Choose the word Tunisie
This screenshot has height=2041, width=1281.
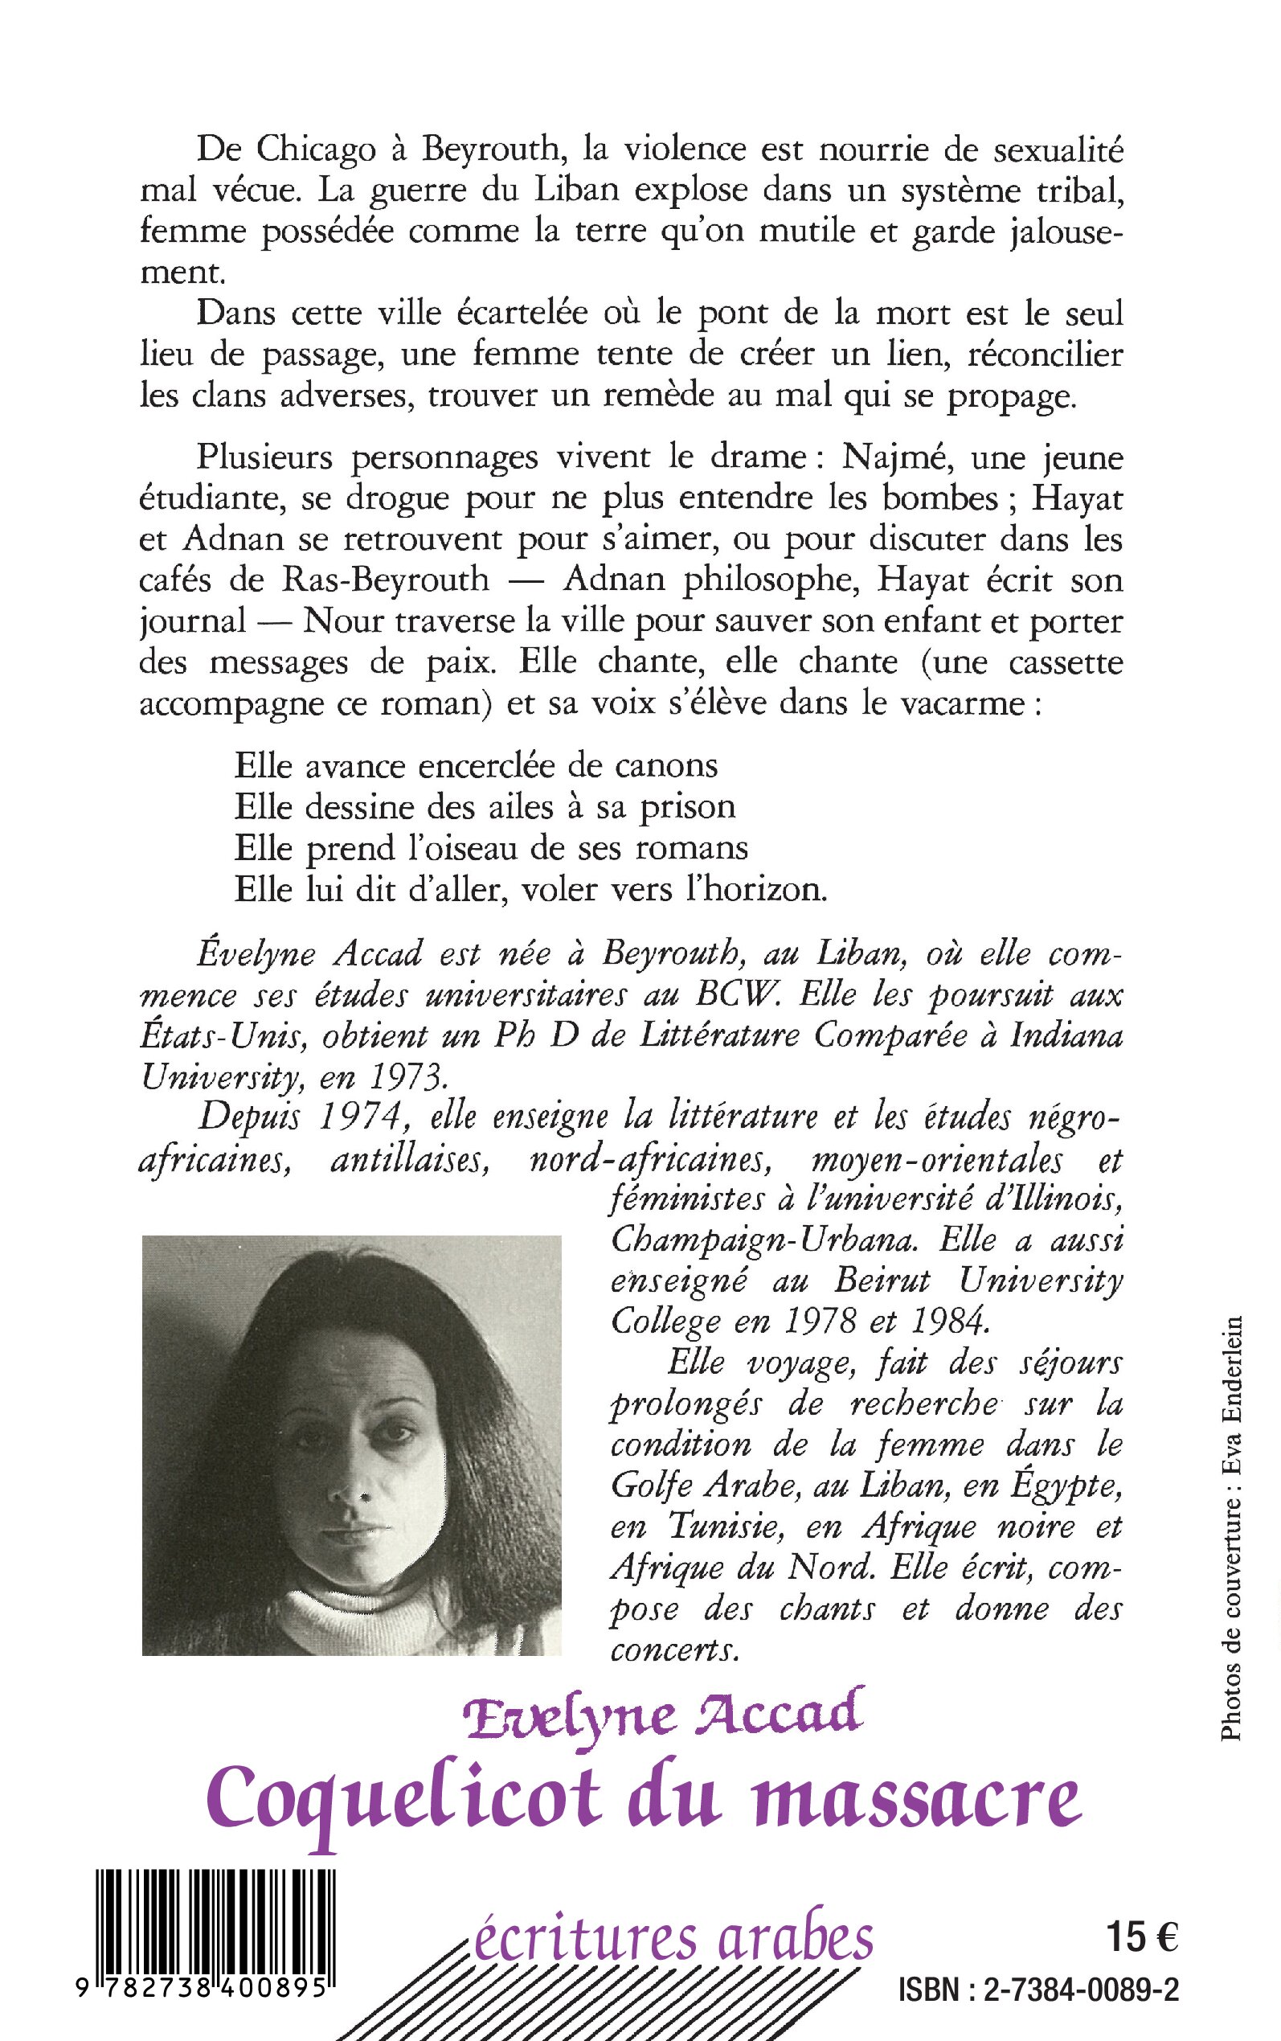(730, 1527)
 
